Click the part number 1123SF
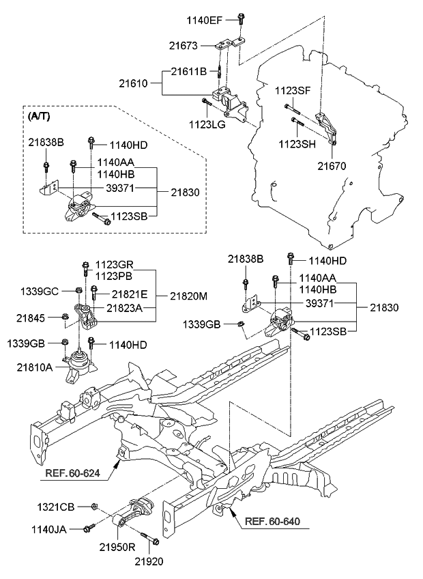point(292,90)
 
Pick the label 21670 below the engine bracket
point(332,165)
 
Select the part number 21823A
point(124,308)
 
